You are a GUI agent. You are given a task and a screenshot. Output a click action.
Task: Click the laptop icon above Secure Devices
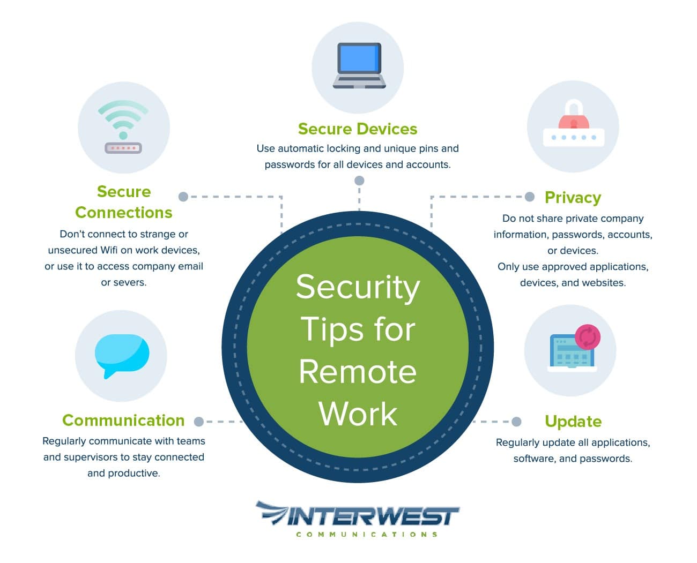click(x=359, y=65)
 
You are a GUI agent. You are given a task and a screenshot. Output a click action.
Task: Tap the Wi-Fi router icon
click(x=123, y=129)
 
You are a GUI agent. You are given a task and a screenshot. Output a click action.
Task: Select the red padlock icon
click(x=573, y=115)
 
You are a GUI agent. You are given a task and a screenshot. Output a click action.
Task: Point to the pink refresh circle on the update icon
click(x=587, y=337)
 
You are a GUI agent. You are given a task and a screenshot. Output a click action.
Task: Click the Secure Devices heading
click(x=358, y=129)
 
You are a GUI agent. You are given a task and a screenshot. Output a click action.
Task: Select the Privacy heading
click(x=573, y=197)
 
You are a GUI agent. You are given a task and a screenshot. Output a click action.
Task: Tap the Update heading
click(x=573, y=422)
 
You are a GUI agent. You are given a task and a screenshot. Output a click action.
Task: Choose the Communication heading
click(x=123, y=421)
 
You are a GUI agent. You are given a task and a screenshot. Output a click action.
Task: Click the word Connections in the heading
click(x=123, y=213)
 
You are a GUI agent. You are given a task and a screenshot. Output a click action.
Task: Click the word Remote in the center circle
click(x=358, y=372)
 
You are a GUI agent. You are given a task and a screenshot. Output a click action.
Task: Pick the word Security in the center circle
click(x=358, y=287)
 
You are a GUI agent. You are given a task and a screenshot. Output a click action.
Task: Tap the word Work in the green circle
click(x=358, y=414)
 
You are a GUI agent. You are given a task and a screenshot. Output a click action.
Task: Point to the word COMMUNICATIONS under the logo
click(x=367, y=534)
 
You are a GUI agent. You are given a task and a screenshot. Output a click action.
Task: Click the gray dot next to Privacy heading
click(x=530, y=197)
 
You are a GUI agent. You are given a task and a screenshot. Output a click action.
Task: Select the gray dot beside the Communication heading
click(x=199, y=422)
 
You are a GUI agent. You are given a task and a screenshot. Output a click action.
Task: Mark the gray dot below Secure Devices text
click(x=359, y=181)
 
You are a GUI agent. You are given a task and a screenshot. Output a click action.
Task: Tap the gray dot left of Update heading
click(x=516, y=422)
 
